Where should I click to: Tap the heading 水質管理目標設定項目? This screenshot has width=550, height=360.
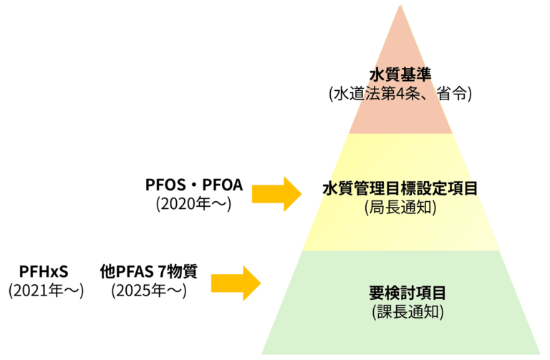400,189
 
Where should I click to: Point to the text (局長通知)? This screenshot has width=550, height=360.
400,208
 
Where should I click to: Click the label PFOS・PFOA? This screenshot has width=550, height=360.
194,186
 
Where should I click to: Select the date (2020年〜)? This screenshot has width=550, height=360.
194,204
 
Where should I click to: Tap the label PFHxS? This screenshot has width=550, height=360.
44,272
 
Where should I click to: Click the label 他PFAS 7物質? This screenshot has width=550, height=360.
148,272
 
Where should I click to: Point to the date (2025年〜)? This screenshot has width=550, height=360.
148,291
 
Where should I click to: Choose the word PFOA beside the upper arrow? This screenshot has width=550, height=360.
223,186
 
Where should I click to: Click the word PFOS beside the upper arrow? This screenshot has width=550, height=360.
163,186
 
